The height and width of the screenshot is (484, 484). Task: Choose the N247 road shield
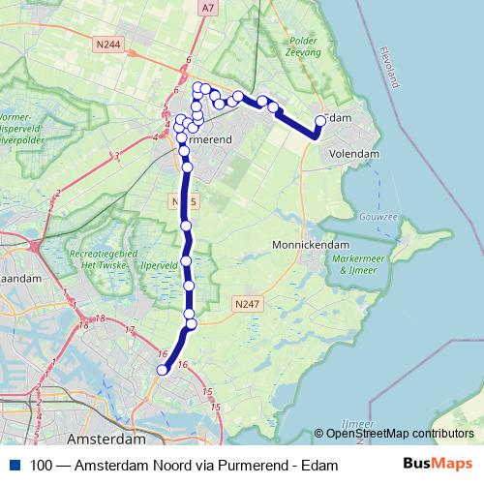click(247, 303)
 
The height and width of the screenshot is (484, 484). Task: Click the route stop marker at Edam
click(320, 121)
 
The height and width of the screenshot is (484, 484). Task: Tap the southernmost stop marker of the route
click(162, 369)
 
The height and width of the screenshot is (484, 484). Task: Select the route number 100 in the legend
click(41, 466)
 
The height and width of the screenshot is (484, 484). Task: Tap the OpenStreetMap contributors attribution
click(400, 434)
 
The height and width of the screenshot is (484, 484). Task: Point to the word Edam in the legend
click(322, 466)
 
